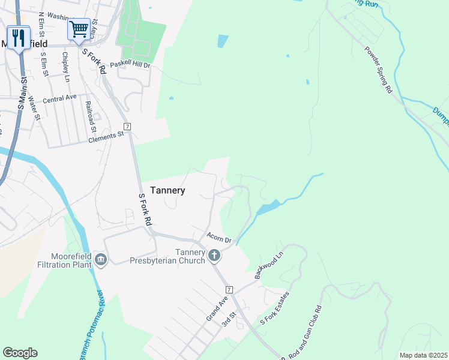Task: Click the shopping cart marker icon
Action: click(79, 29)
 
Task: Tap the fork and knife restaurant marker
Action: click(18, 38)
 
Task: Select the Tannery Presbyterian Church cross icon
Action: click(214, 256)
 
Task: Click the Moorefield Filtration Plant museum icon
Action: click(101, 260)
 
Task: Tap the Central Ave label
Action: click(59, 98)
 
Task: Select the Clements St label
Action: click(106, 136)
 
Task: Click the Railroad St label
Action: click(91, 116)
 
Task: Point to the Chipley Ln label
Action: click(66, 67)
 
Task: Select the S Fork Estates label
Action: click(274, 310)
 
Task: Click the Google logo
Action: click(20, 353)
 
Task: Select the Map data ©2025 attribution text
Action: click(423, 355)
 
